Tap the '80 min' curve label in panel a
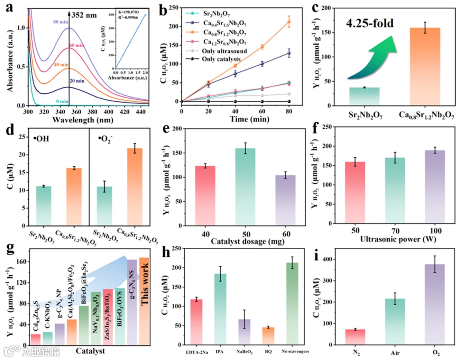click(x=62, y=21)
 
